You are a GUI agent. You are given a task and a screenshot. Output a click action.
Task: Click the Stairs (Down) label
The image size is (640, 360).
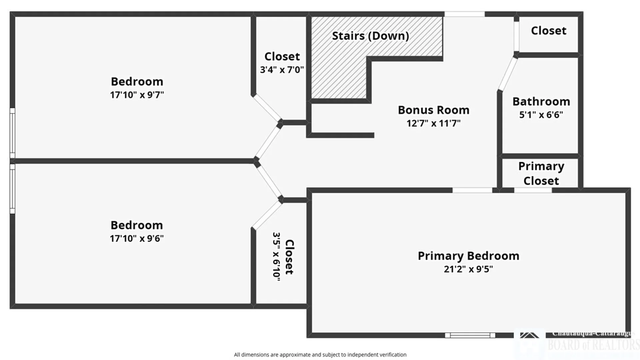pos(370,36)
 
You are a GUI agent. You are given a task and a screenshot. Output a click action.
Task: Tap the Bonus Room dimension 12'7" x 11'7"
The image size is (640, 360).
pos(433,123)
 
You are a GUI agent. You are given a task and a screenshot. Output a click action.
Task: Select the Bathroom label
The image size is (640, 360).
pos(541,101)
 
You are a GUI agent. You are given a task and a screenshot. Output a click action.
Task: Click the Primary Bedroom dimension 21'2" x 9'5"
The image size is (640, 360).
pos(468,269)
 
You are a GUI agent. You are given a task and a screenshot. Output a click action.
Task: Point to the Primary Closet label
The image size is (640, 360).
pos(541,173)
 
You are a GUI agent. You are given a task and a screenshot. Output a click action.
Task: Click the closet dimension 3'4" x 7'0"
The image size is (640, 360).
pos(282,70)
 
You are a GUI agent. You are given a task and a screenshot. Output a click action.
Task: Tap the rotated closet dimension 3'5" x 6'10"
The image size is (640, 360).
pos(276,257)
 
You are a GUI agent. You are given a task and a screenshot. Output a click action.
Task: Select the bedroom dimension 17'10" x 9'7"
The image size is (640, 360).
pos(137,95)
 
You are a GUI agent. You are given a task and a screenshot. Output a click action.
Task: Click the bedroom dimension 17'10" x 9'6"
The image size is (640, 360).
pos(137,238)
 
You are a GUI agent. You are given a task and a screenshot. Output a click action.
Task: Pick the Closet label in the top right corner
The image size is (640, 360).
pos(548,31)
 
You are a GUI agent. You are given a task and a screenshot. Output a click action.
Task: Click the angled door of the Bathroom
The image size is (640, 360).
pos(507,74)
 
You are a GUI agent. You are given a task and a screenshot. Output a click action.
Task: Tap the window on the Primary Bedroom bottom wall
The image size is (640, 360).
pos(470,335)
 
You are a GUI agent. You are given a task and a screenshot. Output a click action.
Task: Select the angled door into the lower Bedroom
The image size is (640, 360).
pos(269,182)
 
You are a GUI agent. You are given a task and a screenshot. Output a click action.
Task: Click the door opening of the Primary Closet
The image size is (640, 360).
pos(533,190)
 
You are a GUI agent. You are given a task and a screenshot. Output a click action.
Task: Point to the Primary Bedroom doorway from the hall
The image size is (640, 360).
pos(472,190)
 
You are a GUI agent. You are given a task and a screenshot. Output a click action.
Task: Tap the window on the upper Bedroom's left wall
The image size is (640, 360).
pos(12,133)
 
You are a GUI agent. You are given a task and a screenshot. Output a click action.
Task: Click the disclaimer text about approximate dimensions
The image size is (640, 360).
pos(320,355)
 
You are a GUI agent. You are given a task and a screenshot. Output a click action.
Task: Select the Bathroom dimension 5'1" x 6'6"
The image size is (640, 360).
pos(541,115)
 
